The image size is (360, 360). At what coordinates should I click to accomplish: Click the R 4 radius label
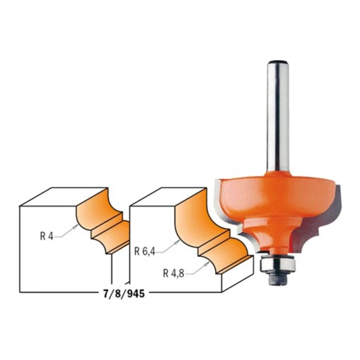tap(47, 236)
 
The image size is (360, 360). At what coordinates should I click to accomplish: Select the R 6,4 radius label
tap(144, 252)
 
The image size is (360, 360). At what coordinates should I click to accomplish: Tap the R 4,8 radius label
tap(174, 273)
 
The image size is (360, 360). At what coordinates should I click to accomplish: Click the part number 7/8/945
tap(124, 294)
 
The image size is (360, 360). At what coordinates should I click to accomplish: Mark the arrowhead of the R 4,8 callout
tap(207, 264)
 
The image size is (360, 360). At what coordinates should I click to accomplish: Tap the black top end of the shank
tap(278, 62)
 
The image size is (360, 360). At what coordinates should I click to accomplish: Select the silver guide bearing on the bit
tap(277, 264)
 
